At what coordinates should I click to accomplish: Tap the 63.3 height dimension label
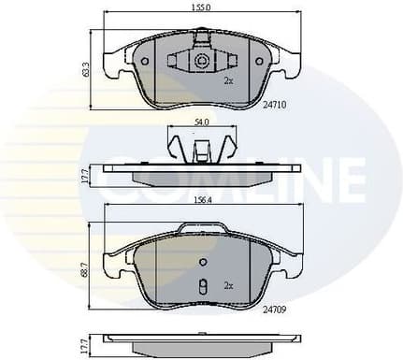(85, 70)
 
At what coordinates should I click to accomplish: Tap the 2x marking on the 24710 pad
(227, 81)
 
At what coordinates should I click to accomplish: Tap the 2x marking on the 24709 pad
(227, 283)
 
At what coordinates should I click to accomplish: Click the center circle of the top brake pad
(201, 62)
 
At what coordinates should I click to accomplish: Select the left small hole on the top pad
(145, 62)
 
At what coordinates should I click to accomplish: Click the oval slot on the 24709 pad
(201, 287)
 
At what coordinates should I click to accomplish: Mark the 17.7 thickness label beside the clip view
(85, 175)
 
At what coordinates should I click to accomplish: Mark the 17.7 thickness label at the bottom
(85, 345)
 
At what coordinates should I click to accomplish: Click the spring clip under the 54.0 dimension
(199, 149)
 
